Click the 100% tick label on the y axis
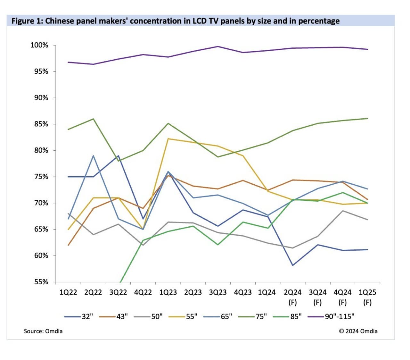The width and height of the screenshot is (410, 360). pos(39,45)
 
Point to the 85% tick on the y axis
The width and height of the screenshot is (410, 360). pos(41,124)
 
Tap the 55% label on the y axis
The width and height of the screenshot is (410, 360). pos(41,282)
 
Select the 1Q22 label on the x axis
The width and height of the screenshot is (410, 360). pos(68,292)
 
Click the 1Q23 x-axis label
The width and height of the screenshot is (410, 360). pos(168,292)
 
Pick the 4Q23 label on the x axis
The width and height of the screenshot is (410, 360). pos(243,292)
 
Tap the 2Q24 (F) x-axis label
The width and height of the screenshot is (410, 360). pos(292,297)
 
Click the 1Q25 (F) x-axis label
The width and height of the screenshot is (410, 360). pos(367,297)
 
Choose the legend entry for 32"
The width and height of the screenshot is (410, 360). pos(79,317)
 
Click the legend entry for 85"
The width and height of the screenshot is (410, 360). pos(287,317)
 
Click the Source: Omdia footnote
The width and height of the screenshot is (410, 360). pos(43,331)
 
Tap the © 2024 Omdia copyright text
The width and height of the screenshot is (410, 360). pos(358,331)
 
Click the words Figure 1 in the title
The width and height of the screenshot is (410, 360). pos(27,21)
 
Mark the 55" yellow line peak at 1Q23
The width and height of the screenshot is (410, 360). pos(168,139)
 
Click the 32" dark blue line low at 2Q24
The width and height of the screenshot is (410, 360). pos(293,265)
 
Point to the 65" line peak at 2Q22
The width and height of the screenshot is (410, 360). pos(93,156)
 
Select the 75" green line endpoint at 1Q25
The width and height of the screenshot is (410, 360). pos(367,119)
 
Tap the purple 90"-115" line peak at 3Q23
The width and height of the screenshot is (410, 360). pos(218,46)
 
